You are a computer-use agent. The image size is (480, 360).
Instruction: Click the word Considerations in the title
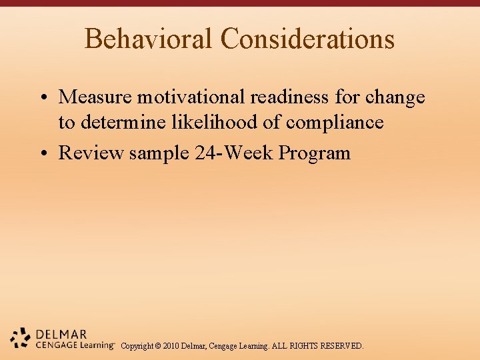point(307,39)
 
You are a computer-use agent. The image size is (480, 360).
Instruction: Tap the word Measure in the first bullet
point(96,97)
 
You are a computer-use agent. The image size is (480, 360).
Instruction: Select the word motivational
point(192,97)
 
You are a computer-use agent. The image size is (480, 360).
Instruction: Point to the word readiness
point(290,97)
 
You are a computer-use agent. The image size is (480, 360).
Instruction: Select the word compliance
point(335,123)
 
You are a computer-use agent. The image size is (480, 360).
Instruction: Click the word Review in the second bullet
point(91,153)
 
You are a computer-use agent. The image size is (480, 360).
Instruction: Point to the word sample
point(159,153)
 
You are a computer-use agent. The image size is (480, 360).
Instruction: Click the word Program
point(314,153)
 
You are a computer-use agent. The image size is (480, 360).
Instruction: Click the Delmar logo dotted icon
point(21,339)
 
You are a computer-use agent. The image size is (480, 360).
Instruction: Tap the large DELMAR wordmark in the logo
point(61,334)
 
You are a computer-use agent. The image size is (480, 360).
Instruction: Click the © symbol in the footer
point(157,346)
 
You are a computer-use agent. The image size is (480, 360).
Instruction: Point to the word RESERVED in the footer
point(341,346)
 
